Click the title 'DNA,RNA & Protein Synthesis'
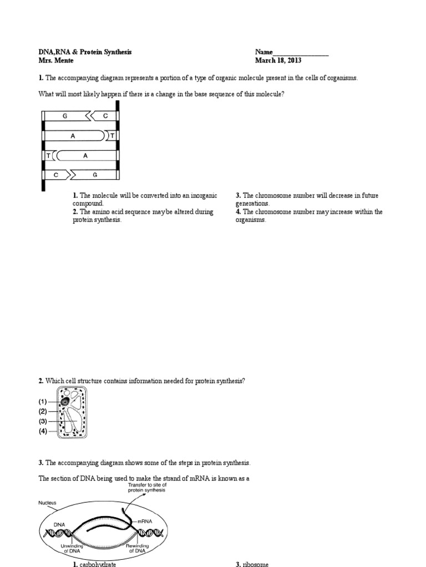point(85,53)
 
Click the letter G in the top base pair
point(65,116)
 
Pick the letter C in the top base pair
point(105,116)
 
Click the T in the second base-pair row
point(113,136)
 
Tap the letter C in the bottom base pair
point(56,175)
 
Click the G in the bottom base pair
point(95,175)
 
